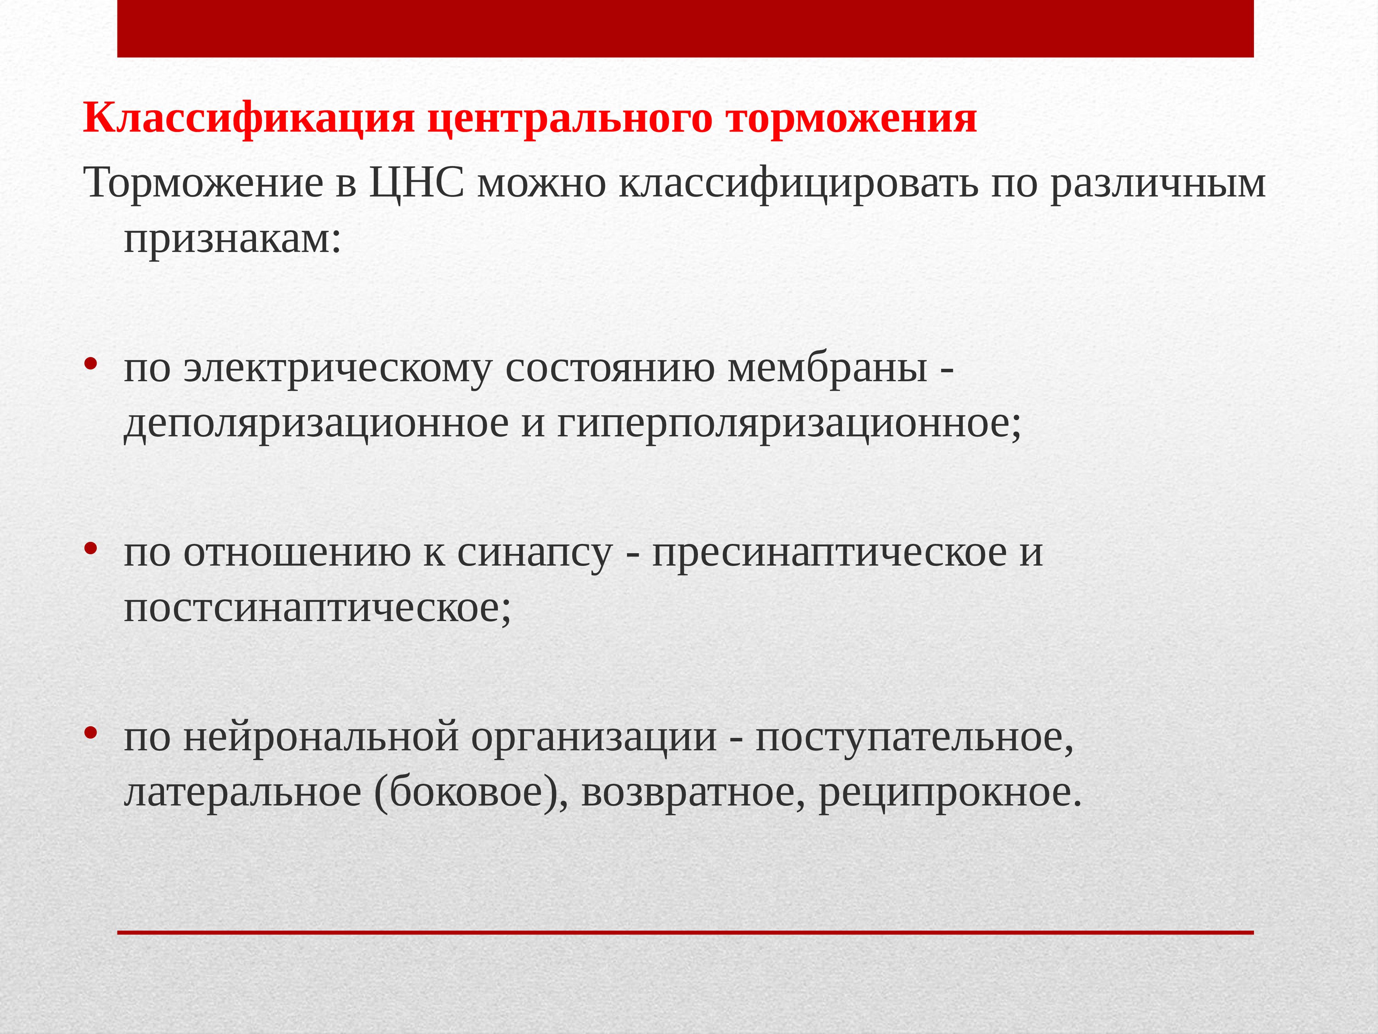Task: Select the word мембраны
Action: [827, 368]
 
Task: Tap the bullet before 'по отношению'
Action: [91, 548]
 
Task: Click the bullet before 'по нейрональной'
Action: [91, 732]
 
